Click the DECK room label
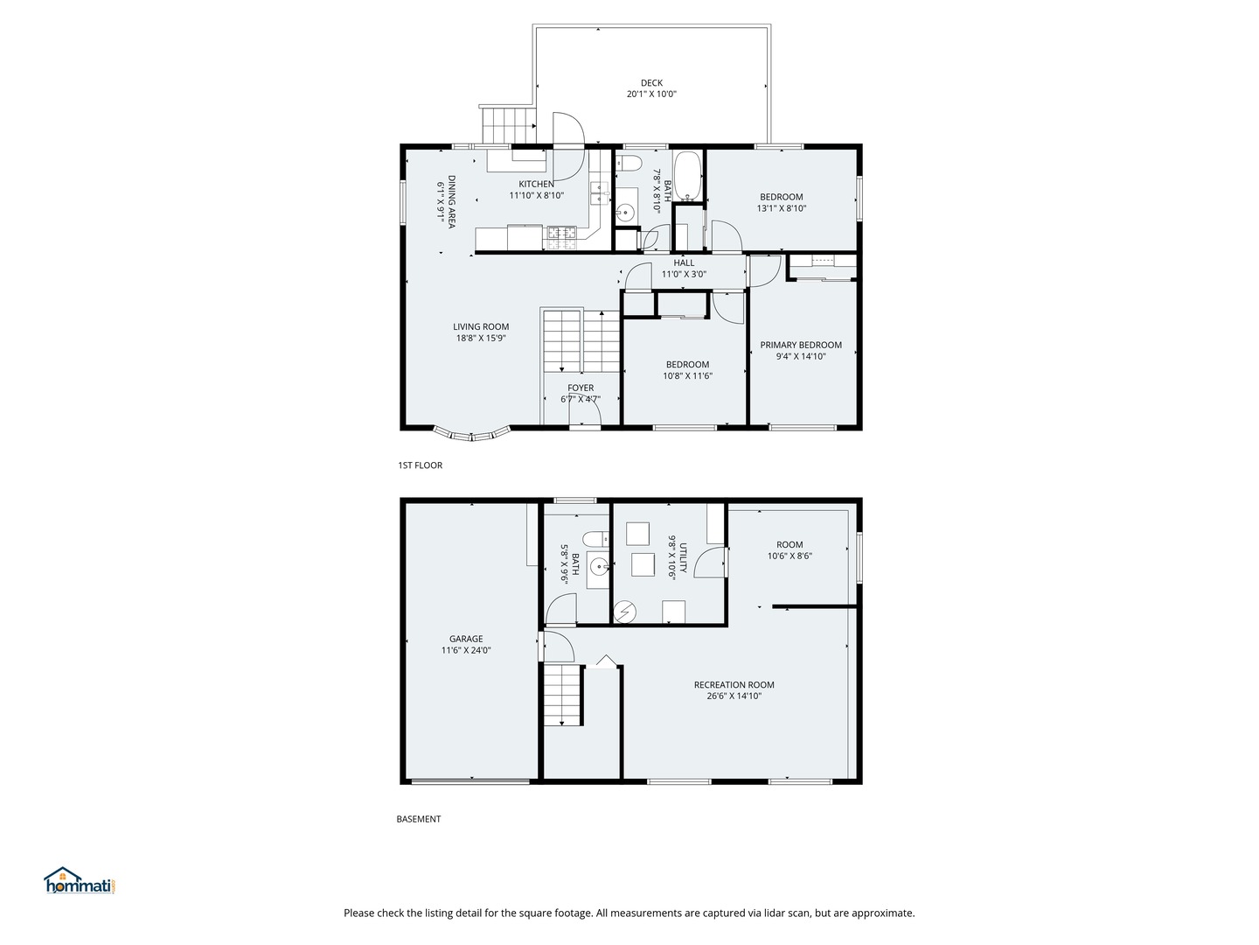pos(651,83)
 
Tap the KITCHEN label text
pos(536,184)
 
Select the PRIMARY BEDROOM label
pos(801,345)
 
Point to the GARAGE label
pos(466,639)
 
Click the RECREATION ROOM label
pos(734,684)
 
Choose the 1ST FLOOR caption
pos(420,465)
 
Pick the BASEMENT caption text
pos(419,819)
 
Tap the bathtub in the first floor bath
pos(687,176)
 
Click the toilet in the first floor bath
pos(629,164)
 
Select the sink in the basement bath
pos(599,569)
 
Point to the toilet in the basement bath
pos(595,539)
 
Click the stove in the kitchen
pos(561,239)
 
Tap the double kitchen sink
pos(600,193)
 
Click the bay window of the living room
pos(471,434)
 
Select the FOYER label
pos(581,388)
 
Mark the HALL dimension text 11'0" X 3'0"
pos(684,274)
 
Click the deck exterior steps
pos(508,125)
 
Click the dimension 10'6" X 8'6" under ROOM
pos(789,556)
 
